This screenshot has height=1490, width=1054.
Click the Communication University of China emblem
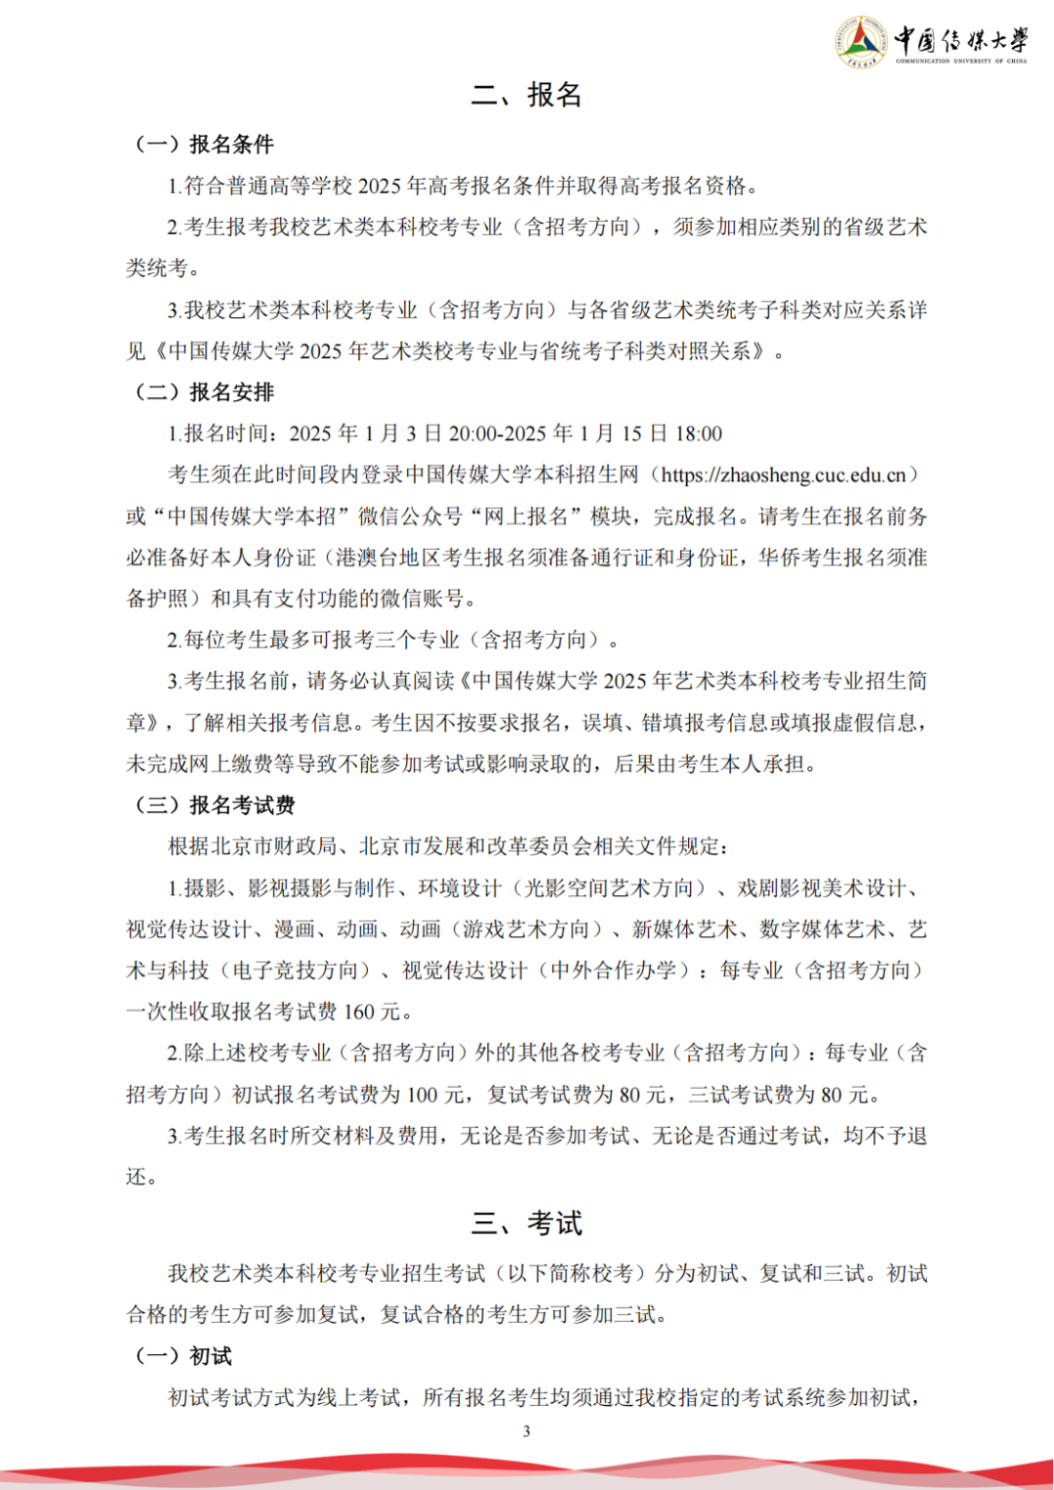862,42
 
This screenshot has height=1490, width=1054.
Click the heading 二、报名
526,95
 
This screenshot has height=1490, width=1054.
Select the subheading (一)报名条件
204,145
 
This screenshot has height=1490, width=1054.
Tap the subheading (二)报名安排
204,393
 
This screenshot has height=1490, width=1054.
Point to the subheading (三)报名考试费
215,806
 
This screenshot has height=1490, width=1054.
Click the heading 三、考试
526,1223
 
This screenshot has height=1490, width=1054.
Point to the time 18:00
698,435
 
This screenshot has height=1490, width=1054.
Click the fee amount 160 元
372,1013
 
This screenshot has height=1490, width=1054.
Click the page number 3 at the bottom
527,1431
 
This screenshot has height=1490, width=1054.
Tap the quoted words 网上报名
526,517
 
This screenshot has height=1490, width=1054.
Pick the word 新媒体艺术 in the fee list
684,930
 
